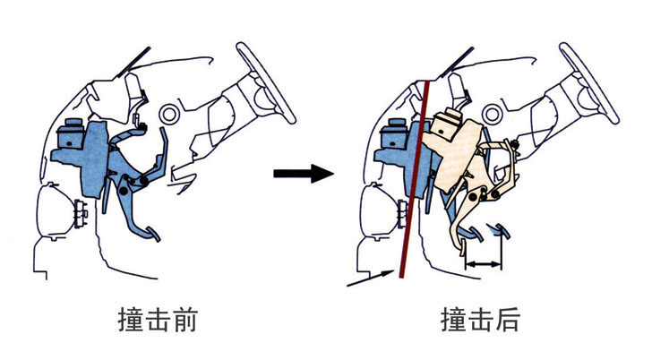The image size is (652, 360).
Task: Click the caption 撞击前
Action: pyautogui.click(x=157, y=320)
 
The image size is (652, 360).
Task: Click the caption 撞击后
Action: pyautogui.click(x=479, y=320)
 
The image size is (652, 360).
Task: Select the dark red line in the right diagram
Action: pyautogui.click(x=414, y=179)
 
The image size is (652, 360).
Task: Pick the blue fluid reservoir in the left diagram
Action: pyautogui.click(x=66, y=134)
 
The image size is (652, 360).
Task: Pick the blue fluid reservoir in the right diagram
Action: pyautogui.click(x=391, y=134)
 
